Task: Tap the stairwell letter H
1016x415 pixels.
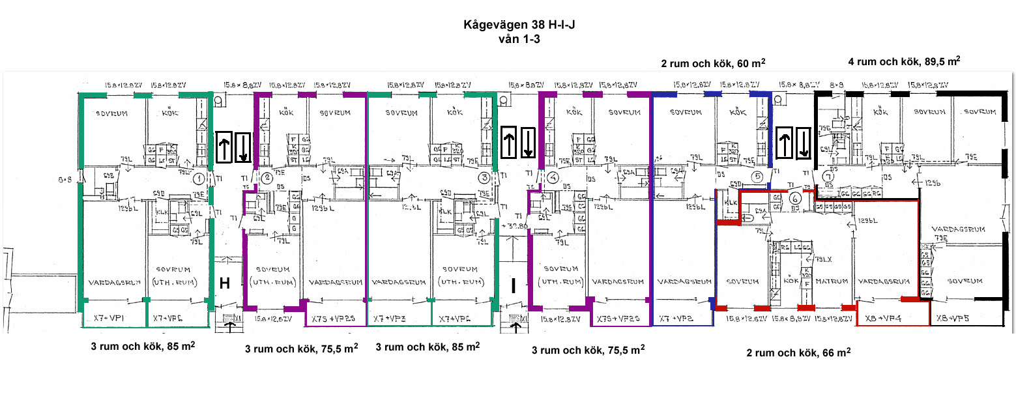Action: click(225, 283)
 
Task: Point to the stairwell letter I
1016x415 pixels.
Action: click(514, 285)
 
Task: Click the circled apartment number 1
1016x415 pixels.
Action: click(200, 177)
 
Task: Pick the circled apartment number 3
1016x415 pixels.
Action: click(484, 177)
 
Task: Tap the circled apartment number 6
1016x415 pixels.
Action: click(794, 199)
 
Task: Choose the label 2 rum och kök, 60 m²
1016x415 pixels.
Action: click(713, 63)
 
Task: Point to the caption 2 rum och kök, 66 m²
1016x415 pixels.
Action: click(798, 352)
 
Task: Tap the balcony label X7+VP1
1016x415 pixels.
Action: click(108, 317)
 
